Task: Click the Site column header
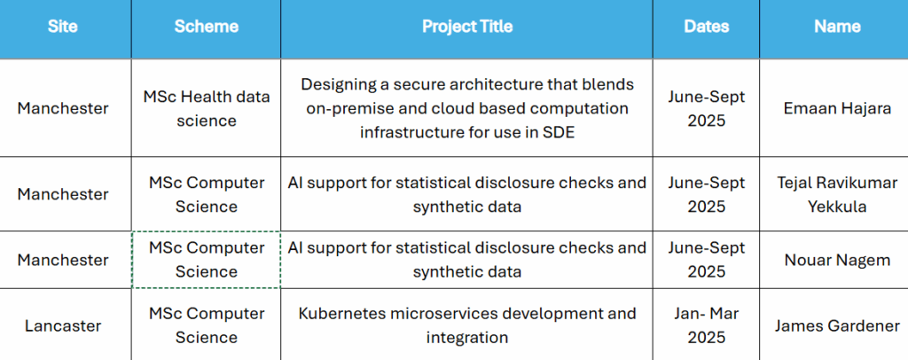pyautogui.click(x=63, y=27)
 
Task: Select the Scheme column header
pyautogui.click(x=206, y=27)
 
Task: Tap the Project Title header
pyautogui.click(x=466, y=27)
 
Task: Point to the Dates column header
pyautogui.click(x=706, y=27)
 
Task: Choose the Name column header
pyautogui.click(x=837, y=27)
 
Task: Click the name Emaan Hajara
pyautogui.click(x=837, y=109)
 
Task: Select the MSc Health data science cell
pyautogui.click(x=206, y=108)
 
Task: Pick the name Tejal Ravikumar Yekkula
pyautogui.click(x=837, y=194)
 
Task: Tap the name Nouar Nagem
pyautogui.click(x=837, y=260)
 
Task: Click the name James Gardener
pyautogui.click(x=837, y=325)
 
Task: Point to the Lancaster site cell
pyautogui.click(x=63, y=325)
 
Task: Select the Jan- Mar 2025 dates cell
pyautogui.click(x=706, y=325)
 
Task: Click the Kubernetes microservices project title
pyautogui.click(x=466, y=325)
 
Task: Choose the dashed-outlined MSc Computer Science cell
pyautogui.click(x=206, y=260)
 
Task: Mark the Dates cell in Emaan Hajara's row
pyautogui.click(x=706, y=108)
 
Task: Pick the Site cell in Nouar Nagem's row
pyautogui.click(x=63, y=260)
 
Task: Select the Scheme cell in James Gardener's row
pyautogui.click(x=206, y=325)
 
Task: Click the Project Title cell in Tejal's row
pyautogui.click(x=466, y=194)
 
